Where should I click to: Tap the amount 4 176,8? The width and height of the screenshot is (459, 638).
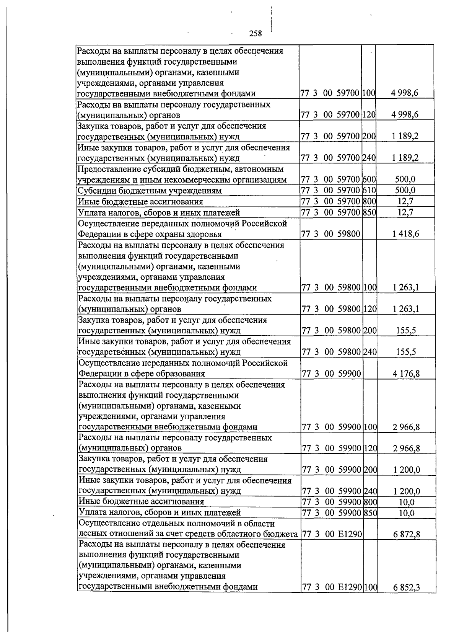click(406, 374)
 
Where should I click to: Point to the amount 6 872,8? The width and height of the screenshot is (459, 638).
click(406, 534)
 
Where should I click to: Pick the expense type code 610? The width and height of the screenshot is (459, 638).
click(369, 190)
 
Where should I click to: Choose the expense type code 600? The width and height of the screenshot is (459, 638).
click(369, 179)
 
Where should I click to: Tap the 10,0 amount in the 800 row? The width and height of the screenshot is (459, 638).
click(406, 502)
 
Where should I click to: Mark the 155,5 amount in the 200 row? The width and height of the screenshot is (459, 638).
click(406, 331)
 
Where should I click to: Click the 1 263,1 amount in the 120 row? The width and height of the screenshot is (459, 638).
click(406, 309)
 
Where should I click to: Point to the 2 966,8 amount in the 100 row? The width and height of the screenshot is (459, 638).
click(406, 427)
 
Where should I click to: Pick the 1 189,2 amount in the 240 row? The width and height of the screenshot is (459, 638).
click(405, 158)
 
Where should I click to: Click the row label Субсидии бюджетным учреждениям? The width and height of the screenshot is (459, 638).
click(150, 191)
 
